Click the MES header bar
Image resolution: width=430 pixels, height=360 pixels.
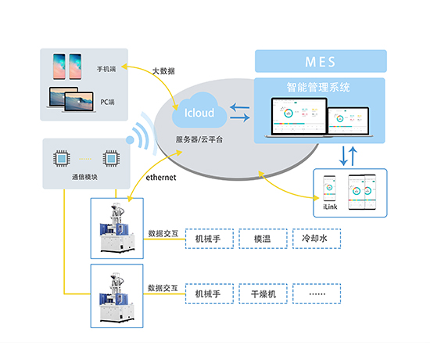321,60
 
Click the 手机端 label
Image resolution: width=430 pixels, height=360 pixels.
106,69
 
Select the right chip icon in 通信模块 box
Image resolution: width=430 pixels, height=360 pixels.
112,159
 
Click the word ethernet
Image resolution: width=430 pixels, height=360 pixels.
162,178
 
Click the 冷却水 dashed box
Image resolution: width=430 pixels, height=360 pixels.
315,238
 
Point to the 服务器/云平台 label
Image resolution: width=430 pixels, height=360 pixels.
199,139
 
